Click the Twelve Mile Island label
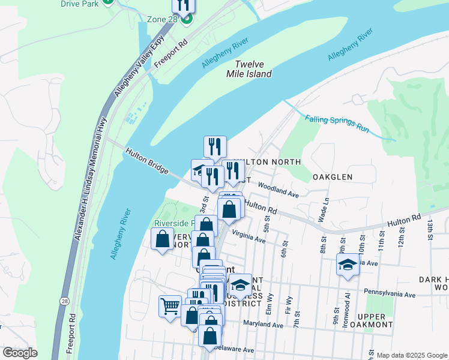(253, 69)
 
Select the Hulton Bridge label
(147, 162)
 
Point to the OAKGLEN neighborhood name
(332, 178)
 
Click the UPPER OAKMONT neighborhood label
(375, 320)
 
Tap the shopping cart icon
(170, 307)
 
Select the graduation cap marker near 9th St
(348, 265)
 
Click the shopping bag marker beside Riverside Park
(163, 239)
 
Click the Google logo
(20, 353)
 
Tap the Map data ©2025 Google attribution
(412, 355)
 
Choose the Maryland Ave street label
(264, 325)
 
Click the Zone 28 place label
(162, 19)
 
